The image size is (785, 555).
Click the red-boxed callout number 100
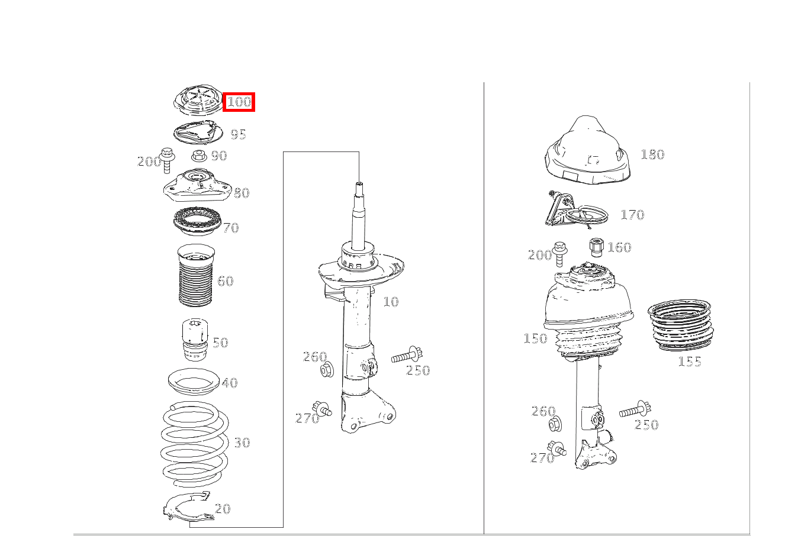point(239,102)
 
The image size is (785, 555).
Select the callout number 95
point(239,134)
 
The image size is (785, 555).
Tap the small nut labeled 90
point(199,155)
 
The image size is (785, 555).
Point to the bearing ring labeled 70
point(197,221)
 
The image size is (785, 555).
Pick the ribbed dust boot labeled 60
point(196,276)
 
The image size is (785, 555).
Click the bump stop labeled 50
point(195,339)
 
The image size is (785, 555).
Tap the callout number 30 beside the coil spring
point(242,442)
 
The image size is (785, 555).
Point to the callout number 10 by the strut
point(391,302)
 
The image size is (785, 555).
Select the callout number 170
point(632,214)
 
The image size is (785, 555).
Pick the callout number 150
point(535,338)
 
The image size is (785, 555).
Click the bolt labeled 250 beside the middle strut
point(407,356)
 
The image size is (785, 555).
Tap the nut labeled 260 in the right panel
point(555,424)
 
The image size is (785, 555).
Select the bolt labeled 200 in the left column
point(168,160)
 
